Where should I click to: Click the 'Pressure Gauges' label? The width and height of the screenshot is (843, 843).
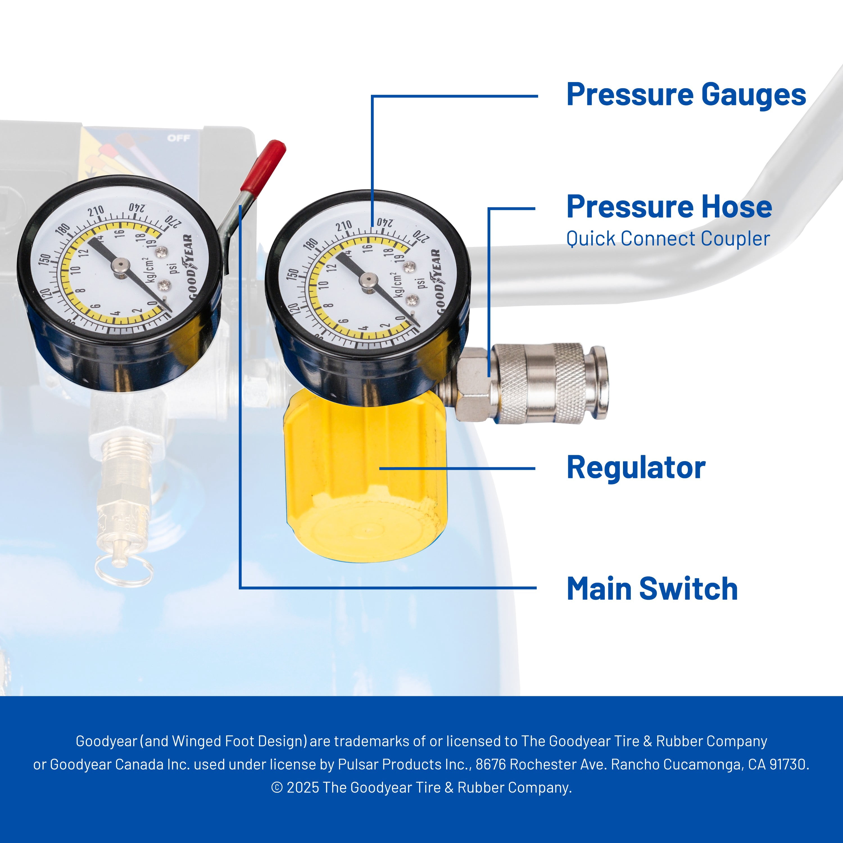pyautogui.click(x=686, y=95)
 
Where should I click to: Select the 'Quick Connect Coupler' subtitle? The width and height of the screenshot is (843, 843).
pyautogui.click(x=668, y=239)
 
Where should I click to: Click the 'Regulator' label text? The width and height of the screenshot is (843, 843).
pyautogui.click(x=636, y=468)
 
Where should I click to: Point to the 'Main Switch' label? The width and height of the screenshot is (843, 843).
pyautogui.click(x=652, y=589)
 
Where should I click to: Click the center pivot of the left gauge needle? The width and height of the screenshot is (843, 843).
pyautogui.click(x=119, y=265)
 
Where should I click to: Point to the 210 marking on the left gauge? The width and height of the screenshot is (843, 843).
pyautogui.click(x=96, y=212)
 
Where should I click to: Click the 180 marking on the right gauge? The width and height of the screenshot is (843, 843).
pyautogui.click(x=311, y=245)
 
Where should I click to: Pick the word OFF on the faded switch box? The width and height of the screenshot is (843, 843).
pyautogui.click(x=179, y=138)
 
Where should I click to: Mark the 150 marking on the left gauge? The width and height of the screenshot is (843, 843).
pyautogui.click(x=45, y=259)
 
